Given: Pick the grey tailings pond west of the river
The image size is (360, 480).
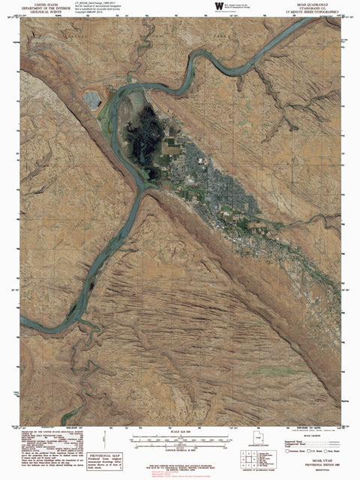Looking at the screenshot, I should point(93,99).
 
